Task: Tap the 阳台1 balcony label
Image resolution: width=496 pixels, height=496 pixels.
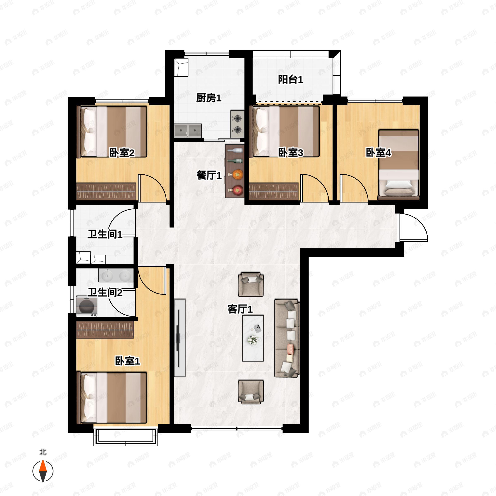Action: [291, 79]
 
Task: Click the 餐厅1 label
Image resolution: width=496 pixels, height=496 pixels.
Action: [209, 176]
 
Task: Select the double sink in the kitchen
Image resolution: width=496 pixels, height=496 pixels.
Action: [188, 131]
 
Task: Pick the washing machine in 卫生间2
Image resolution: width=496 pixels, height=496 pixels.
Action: [87, 306]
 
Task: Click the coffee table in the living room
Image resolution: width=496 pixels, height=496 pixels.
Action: [253, 338]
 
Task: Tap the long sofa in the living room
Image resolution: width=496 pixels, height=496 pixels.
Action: [287, 338]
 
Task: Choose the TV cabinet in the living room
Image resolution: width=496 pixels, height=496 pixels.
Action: [180, 338]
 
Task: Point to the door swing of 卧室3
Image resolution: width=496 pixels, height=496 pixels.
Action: [315, 188]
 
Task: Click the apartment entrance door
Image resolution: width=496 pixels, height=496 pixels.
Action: [413, 228]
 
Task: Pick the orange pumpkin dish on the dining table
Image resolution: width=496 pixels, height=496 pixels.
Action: [237, 175]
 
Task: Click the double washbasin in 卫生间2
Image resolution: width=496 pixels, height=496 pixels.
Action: [116, 275]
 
